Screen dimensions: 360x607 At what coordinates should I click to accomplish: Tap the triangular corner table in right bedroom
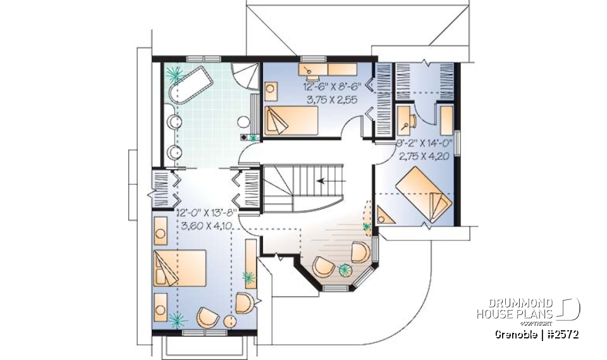385,214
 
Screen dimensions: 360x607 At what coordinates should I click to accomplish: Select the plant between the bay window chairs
346,270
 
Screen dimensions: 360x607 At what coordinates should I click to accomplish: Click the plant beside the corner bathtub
172,73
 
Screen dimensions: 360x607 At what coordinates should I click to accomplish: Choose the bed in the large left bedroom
179,270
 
